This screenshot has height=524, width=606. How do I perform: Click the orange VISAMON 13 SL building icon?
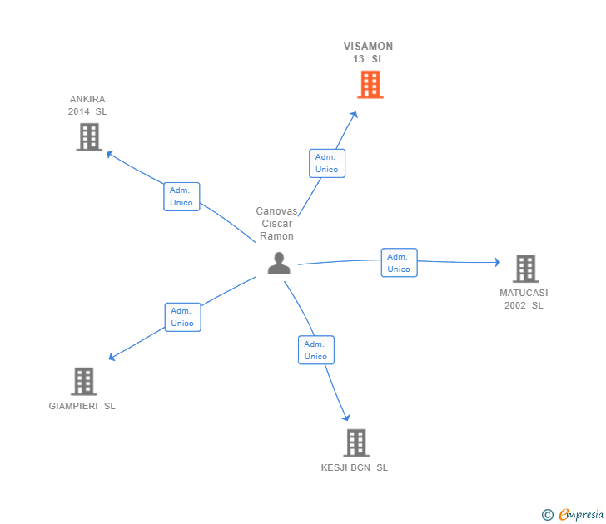[x=370, y=85]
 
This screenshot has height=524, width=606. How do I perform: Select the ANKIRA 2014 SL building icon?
[x=89, y=136]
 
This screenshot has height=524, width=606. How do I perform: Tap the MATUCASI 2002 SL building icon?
[x=525, y=269]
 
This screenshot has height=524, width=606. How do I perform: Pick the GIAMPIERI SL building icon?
[x=83, y=381]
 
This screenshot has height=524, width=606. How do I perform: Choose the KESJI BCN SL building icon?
[x=355, y=442]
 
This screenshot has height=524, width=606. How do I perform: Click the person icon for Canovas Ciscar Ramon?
[x=279, y=263]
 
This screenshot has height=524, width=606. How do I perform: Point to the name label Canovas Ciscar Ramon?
[x=276, y=224]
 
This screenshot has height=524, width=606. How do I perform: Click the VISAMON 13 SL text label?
[x=368, y=52]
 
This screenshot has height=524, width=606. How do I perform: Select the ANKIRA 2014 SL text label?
[x=87, y=105]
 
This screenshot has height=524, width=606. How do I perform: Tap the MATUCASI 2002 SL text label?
[x=524, y=299]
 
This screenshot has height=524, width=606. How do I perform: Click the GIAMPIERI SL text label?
[x=82, y=406]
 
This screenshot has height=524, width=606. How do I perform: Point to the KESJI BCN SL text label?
[x=355, y=467]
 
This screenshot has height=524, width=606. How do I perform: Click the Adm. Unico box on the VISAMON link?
[x=326, y=163]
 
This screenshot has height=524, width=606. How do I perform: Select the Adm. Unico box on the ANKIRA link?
[x=181, y=196]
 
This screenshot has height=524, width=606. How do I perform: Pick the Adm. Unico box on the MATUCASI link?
[x=399, y=263]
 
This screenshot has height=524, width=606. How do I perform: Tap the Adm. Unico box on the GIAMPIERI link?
[x=182, y=317]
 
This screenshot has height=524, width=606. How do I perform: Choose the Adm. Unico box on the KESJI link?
[x=315, y=350]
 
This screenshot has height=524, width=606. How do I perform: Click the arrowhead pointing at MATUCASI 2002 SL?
[x=497, y=262]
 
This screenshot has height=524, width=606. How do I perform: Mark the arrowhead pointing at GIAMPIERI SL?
[x=112, y=358]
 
